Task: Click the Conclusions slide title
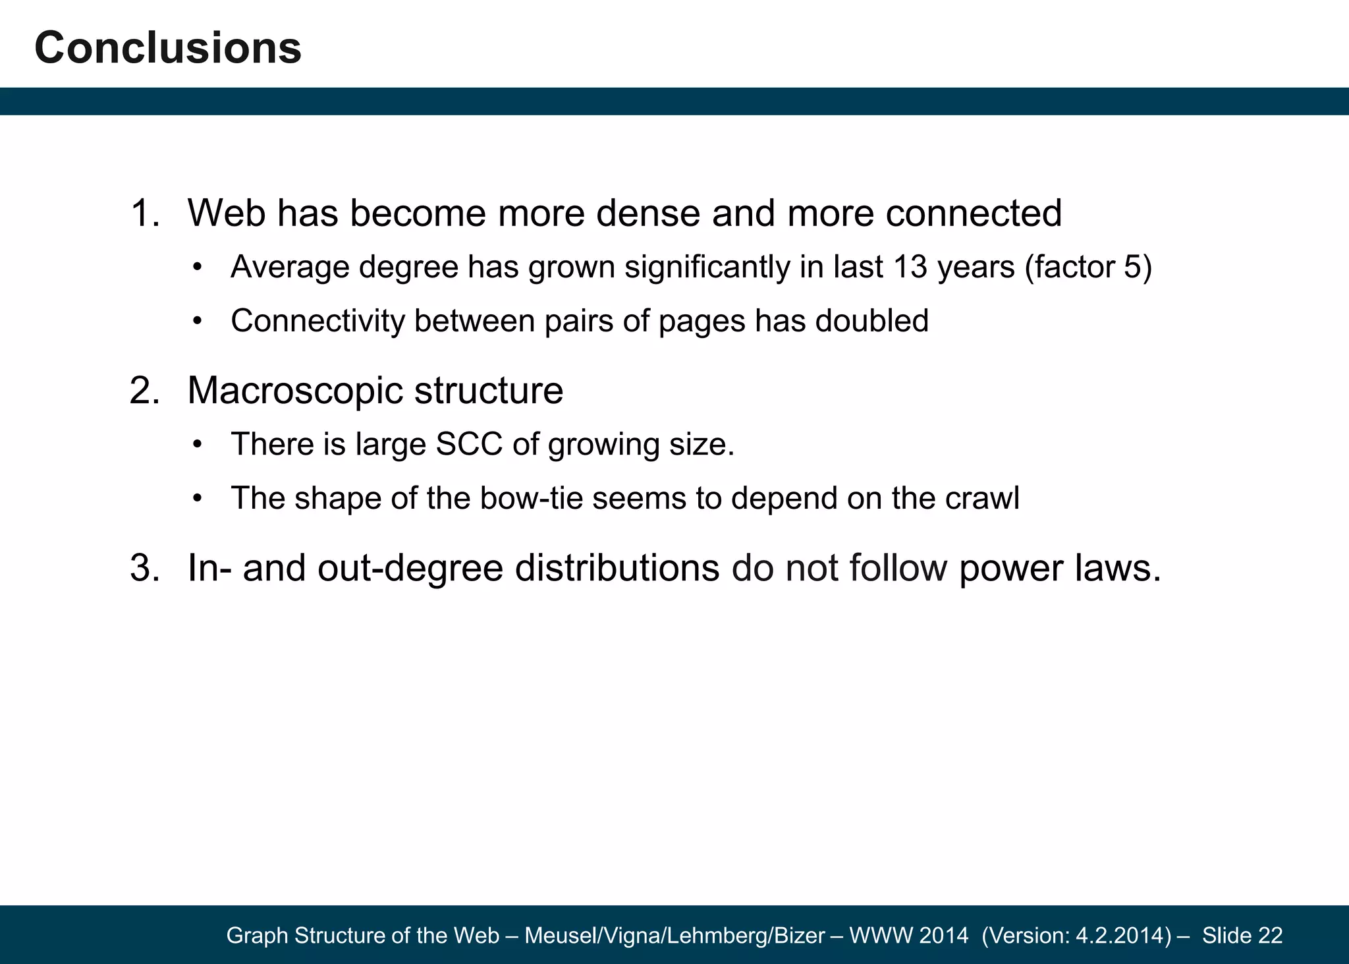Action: point(168,48)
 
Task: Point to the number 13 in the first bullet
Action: point(910,268)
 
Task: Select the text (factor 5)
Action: point(1088,268)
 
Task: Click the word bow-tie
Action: point(531,499)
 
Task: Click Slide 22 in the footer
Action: point(1242,936)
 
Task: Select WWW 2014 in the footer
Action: point(909,936)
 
